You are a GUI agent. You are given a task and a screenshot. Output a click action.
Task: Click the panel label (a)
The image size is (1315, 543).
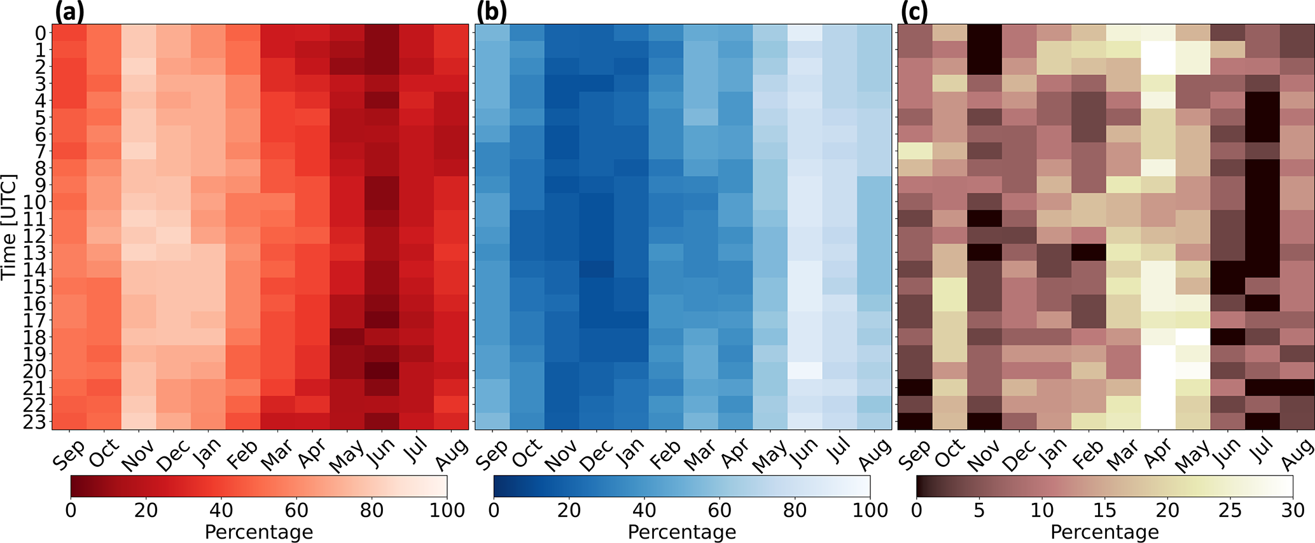[x=70, y=12]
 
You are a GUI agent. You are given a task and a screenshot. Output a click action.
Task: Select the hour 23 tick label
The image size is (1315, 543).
[x=37, y=422]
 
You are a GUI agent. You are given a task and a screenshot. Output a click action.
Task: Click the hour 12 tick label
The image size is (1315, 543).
[x=37, y=236]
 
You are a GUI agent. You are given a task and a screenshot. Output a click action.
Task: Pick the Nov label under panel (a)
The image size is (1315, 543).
[x=137, y=455]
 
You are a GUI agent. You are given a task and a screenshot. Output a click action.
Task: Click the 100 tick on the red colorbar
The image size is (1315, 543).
[x=447, y=510]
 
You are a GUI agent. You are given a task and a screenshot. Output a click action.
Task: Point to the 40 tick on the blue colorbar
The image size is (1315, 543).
[x=644, y=510]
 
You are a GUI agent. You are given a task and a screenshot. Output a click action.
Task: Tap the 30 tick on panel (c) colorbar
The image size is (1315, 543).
[x=1292, y=510]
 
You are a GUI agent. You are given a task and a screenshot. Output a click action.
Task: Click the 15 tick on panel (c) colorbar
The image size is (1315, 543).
[x=1104, y=510]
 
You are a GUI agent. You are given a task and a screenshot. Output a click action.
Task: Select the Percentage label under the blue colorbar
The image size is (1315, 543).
[x=681, y=532]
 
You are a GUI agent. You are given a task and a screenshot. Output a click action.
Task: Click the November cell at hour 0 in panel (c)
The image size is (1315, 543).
[x=984, y=32]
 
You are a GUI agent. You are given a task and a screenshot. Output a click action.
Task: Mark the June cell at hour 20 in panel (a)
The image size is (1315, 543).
[x=382, y=370]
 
